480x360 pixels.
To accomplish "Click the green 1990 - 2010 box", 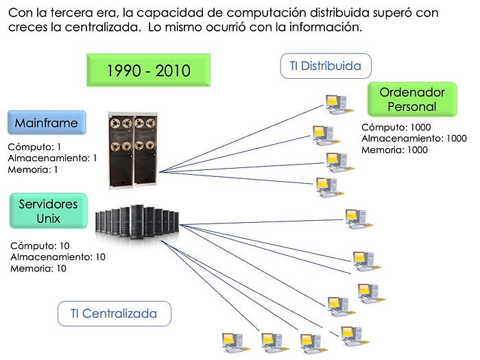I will tap(149, 70).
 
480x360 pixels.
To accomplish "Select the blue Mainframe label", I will tap(47, 123).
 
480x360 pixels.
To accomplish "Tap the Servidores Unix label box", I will tap(49, 211).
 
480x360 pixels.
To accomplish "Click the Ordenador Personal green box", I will tap(412, 99).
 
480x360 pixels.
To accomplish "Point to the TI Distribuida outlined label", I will tap(326, 67).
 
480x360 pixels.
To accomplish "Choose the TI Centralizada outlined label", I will tap(114, 313).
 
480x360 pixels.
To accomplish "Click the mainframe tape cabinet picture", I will tap(134, 149).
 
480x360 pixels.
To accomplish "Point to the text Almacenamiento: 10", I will tap(58, 257).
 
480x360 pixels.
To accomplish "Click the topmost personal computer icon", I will tap(335, 104).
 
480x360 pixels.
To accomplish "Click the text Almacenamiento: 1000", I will tap(413, 139).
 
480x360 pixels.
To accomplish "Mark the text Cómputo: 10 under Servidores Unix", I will tap(40, 245).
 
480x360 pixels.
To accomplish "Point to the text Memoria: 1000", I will tap(394, 150).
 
